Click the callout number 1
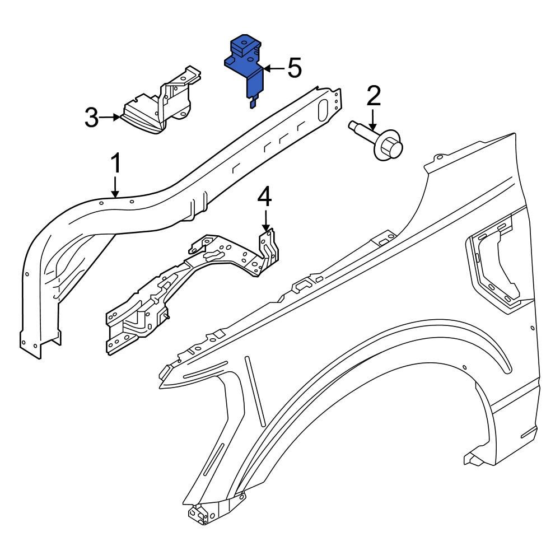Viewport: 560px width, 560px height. click(115, 164)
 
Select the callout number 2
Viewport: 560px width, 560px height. click(374, 96)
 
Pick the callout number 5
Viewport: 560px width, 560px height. click(295, 68)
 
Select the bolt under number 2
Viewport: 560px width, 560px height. click(381, 142)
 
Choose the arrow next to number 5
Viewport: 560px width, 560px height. click(273, 68)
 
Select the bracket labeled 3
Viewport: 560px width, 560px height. click(160, 109)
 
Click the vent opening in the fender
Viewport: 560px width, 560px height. click(493, 263)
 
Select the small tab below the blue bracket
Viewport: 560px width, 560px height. click(253, 101)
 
